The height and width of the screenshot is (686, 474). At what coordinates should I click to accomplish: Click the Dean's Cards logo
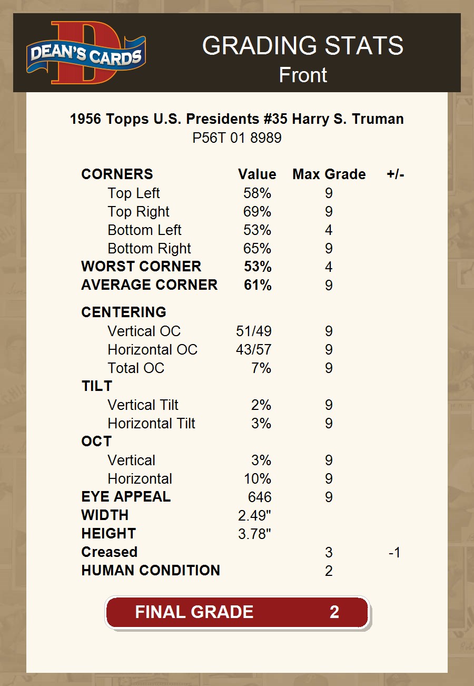(86, 53)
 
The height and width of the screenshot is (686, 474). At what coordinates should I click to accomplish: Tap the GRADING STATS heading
(303, 46)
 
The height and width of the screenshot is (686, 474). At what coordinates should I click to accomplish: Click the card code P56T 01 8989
(236, 138)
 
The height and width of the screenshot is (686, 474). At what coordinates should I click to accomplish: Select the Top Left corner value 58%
(257, 193)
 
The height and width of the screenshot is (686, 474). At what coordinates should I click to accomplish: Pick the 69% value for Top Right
(257, 212)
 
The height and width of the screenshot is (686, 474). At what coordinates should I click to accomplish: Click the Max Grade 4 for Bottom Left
(329, 230)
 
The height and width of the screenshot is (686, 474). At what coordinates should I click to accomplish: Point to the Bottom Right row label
(149, 249)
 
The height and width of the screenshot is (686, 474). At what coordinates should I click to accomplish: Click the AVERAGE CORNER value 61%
(258, 285)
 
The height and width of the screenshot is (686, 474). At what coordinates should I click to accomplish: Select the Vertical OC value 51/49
(254, 331)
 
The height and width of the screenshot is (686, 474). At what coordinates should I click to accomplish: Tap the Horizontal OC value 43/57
(254, 350)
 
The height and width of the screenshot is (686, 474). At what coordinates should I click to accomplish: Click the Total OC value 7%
(261, 368)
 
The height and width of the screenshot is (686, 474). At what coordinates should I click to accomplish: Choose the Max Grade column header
(329, 174)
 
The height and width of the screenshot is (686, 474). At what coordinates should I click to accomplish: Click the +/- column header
(395, 174)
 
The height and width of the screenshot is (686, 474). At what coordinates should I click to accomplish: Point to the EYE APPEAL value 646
(260, 497)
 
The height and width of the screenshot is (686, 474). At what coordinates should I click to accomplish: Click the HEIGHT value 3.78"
(255, 534)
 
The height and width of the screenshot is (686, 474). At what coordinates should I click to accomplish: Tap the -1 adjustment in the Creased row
(394, 552)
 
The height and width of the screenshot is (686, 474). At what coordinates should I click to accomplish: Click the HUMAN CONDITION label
(151, 571)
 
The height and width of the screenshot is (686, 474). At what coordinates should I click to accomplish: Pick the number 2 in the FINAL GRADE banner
(334, 612)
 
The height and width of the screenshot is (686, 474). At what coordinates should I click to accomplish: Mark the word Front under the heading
(303, 75)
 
